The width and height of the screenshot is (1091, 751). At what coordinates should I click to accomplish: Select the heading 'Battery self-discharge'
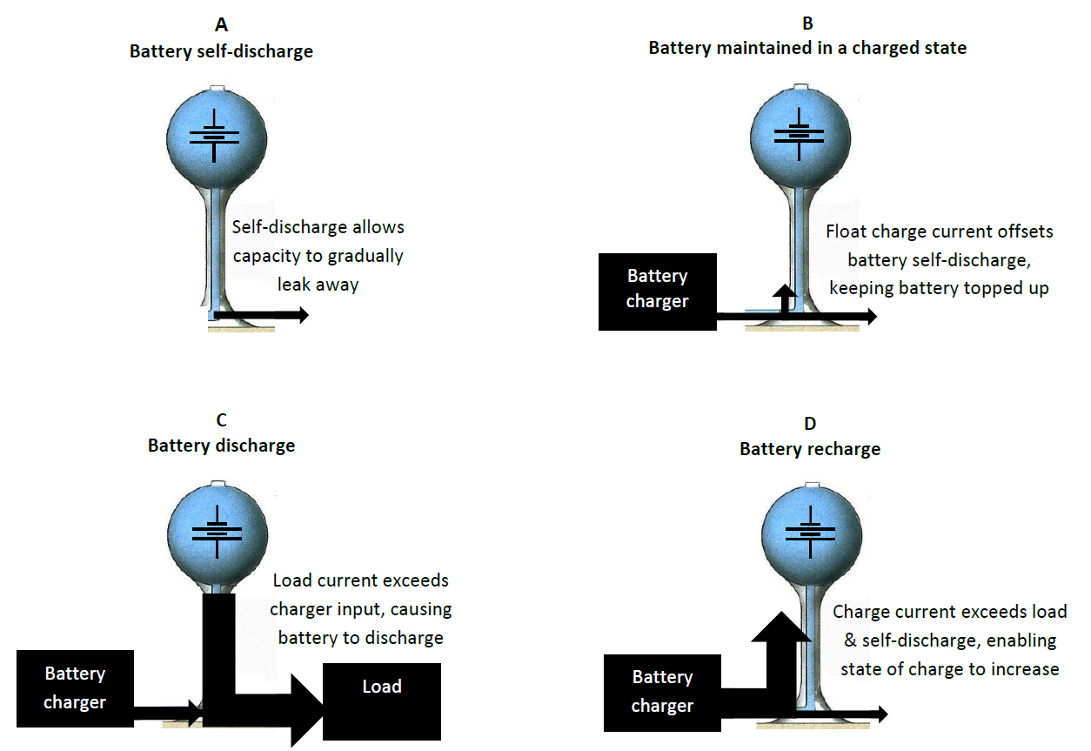[221, 51]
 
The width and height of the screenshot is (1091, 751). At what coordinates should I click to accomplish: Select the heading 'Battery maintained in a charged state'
[807, 48]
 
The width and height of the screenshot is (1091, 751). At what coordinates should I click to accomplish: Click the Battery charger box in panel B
[657, 292]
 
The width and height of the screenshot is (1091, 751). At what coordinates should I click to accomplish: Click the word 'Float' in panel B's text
[844, 232]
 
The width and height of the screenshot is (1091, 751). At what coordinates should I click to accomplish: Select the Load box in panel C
[381, 700]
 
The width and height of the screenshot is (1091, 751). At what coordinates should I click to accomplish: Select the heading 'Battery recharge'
[810, 449]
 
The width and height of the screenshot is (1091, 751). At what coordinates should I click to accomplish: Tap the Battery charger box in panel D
[662, 692]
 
